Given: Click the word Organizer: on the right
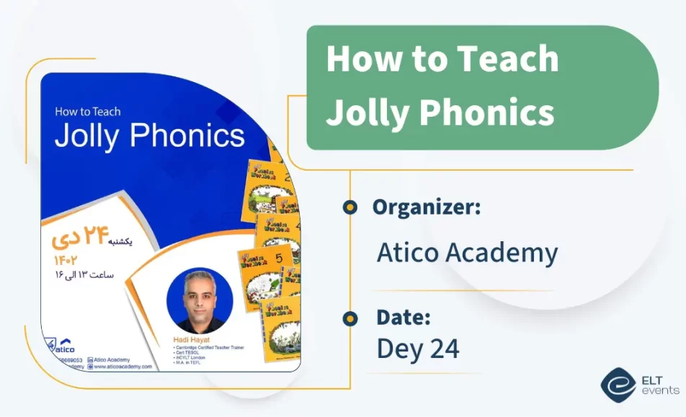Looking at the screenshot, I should coord(427,207).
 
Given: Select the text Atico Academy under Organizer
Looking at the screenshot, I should coord(467,253).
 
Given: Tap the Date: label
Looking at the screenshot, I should coord(404,317).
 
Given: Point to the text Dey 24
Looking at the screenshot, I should coord(418,349).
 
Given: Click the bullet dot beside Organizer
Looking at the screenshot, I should coord(350,207).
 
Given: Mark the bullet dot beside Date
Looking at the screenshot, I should coord(350,318).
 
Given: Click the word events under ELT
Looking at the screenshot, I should coord(659,390).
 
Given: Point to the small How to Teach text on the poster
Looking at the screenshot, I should coord(87,112).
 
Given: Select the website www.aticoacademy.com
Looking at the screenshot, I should coord(123,366).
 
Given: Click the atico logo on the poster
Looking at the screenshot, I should coord(68,345).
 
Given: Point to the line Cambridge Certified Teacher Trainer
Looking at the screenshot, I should coord(210,347).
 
